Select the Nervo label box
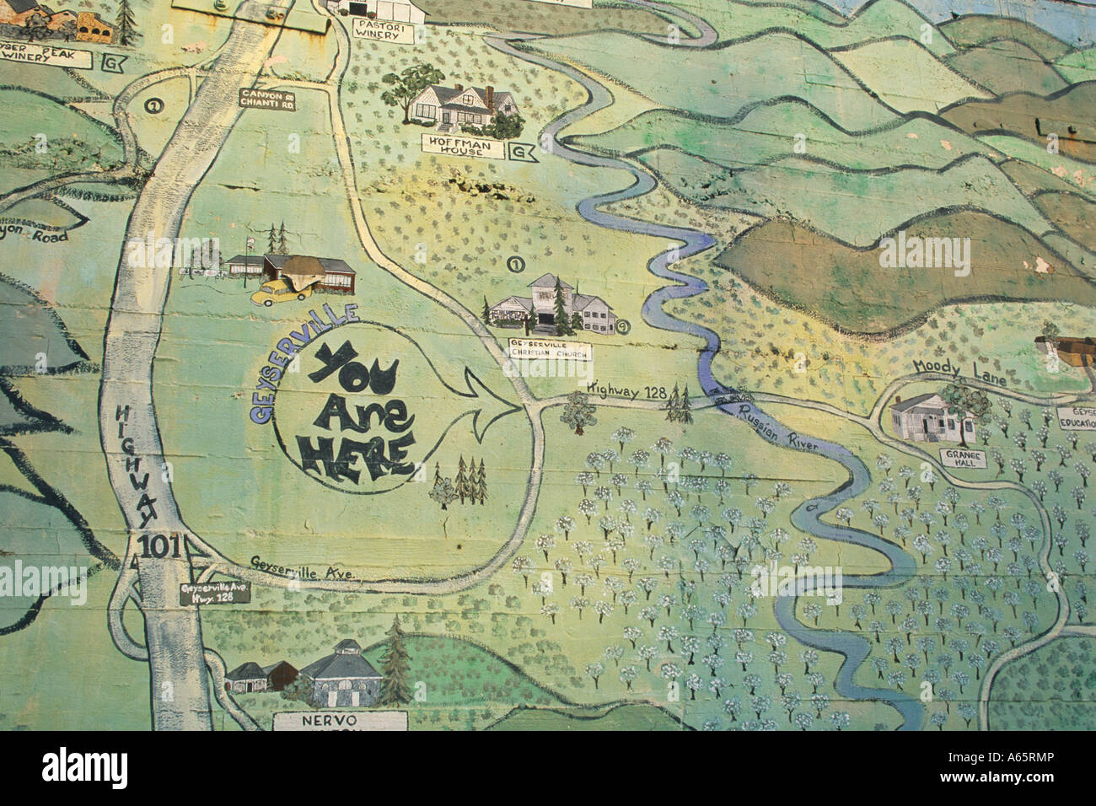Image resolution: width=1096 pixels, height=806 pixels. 340,722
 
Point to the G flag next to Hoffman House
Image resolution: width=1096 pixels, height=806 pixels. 523,153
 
